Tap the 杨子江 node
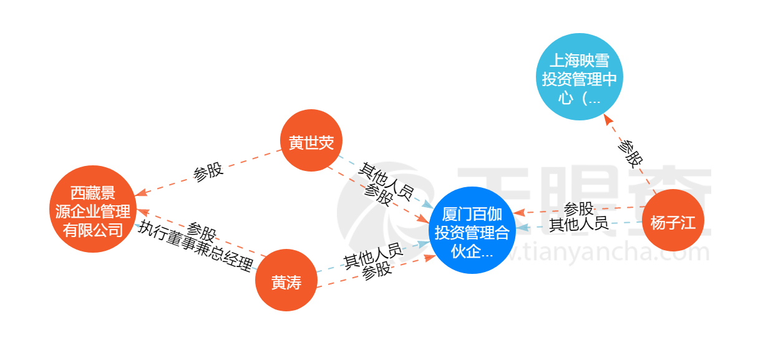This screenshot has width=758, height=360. click(x=673, y=221)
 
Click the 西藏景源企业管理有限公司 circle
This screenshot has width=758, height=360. click(x=92, y=209)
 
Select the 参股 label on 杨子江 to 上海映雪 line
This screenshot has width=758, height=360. click(x=629, y=152)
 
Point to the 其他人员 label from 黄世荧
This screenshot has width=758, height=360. click(x=385, y=181)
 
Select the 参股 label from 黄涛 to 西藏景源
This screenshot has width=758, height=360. click(x=202, y=231)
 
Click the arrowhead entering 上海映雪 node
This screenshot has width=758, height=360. click(x=609, y=119)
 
